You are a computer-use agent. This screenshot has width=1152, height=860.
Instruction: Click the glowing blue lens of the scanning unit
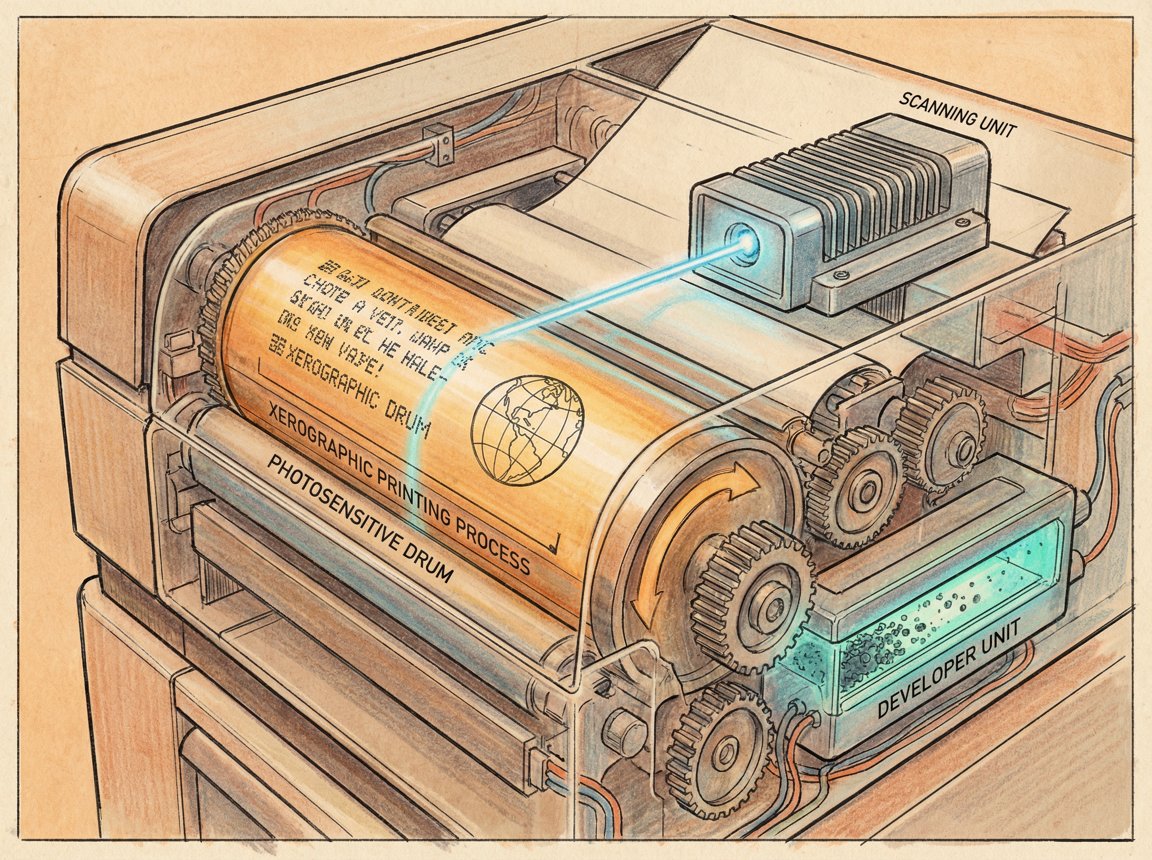(x=747, y=240)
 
